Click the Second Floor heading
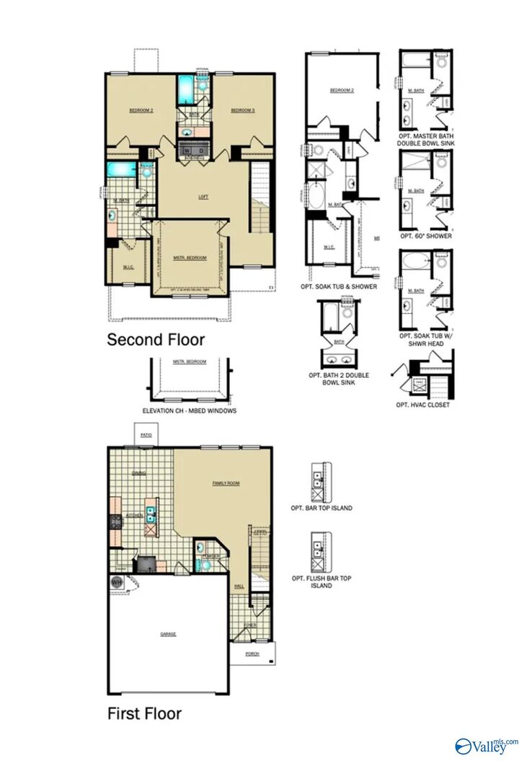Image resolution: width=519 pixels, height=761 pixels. tap(156, 339)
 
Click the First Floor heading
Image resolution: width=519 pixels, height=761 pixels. tap(144, 713)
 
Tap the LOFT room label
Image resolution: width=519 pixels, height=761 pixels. tap(204, 197)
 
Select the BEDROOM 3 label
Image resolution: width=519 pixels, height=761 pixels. tap(242, 110)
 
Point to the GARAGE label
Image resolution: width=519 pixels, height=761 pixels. tap(168, 634)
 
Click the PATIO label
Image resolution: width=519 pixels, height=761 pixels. tap(146, 435)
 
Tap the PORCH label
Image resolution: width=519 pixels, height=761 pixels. tap(252, 654)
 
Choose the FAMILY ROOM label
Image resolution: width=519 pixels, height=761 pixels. tap(226, 482)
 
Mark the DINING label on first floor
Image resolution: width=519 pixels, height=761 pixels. tap(139, 473)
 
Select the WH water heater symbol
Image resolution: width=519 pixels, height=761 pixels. tap(116, 582)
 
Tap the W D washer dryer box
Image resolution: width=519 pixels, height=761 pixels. tap(195, 150)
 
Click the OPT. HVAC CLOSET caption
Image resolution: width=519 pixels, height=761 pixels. tap(422, 405)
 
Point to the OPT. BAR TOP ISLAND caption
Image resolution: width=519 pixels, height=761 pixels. tap(321, 508)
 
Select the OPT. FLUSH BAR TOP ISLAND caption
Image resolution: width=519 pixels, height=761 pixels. tap(321, 581)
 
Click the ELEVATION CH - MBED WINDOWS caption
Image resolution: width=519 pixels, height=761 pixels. tap(190, 410)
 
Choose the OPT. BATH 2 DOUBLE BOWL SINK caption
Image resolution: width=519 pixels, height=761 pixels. tap(336, 379)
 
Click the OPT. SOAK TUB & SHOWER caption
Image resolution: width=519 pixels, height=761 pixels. tap(338, 286)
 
